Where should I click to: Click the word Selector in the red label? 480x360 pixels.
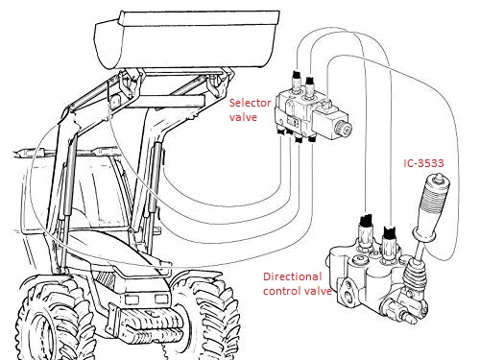point(251,103)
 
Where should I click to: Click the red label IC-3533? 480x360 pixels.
point(423,163)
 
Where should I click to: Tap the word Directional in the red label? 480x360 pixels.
point(292,276)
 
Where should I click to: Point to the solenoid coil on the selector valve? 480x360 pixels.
point(334,122)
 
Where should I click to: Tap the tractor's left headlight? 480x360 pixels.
point(132,300)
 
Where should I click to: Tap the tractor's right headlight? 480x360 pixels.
point(161,299)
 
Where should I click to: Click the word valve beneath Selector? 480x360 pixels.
point(243,117)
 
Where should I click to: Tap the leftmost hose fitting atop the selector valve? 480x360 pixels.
point(296,83)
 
